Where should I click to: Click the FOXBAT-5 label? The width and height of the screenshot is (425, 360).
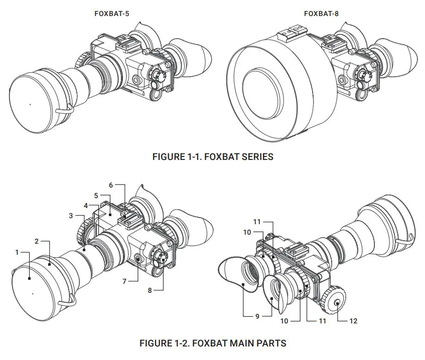(111, 14)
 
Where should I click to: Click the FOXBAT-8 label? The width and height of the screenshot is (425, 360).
(321, 14)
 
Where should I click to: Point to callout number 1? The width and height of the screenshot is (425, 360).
(17, 252)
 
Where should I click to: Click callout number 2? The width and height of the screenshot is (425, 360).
(37, 242)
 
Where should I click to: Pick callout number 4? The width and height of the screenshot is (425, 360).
(86, 205)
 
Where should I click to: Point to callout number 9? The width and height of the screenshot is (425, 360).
(257, 316)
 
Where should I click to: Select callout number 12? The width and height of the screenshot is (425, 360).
(353, 321)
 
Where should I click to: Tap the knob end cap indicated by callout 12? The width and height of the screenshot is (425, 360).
(337, 302)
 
